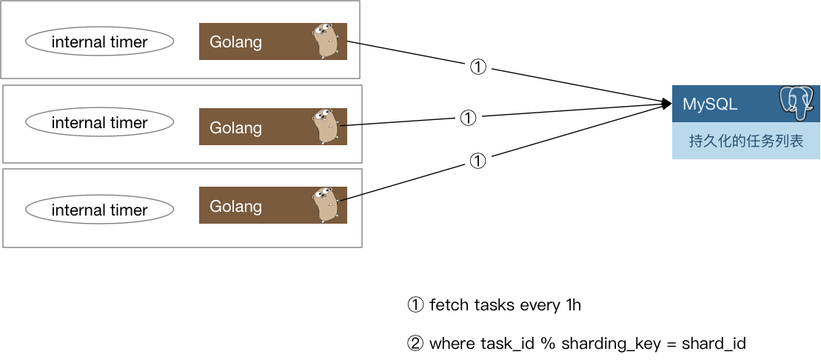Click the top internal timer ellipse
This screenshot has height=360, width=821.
point(99,42)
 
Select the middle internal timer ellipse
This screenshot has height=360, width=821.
point(99,123)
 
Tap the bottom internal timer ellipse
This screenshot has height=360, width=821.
point(99,210)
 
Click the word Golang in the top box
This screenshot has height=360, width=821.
point(235,42)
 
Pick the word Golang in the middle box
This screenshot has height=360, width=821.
point(235,127)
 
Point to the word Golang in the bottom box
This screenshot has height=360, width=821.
point(235,206)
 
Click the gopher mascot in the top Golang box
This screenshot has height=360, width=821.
point(326,41)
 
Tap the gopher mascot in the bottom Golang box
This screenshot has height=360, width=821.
point(326,205)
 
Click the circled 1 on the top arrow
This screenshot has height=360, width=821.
point(478,67)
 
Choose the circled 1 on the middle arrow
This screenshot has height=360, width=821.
point(468,117)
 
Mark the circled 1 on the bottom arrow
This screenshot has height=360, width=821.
point(478,161)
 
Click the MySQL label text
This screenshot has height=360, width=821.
point(710,104)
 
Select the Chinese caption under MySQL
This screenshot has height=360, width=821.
point(745,141)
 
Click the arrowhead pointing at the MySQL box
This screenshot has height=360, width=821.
point(666,104)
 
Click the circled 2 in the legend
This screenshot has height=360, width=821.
point(415,344)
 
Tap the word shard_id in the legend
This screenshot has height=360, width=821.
point(714,344)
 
